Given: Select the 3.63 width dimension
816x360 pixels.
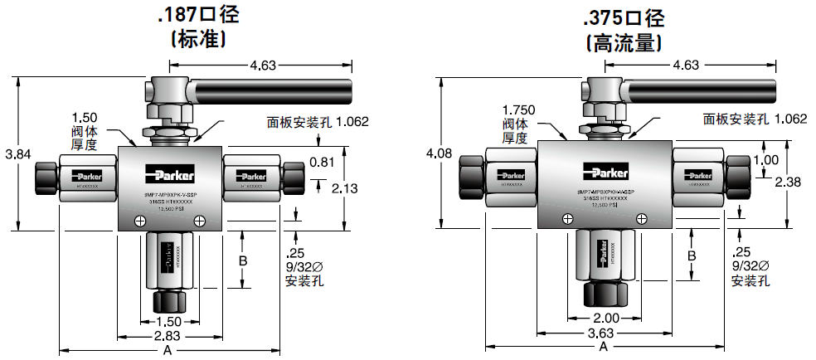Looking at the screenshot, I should pyautogui.click(x=603, y=333).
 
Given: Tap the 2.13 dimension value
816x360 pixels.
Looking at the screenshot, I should pyautogui.click(x=345, y=188).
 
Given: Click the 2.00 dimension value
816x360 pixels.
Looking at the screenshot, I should pyautogui.click(x=605, y=318).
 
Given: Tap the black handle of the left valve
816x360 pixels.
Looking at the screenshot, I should pyautogui.click(x=274, y=86).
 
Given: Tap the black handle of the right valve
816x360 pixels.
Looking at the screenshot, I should pyautogui.click(x=705, y=87).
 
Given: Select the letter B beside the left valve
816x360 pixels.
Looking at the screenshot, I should pyautogui.click(x=243, y=261).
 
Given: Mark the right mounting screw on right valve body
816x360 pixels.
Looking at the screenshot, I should pyautogui.click(x=642, y=216).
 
